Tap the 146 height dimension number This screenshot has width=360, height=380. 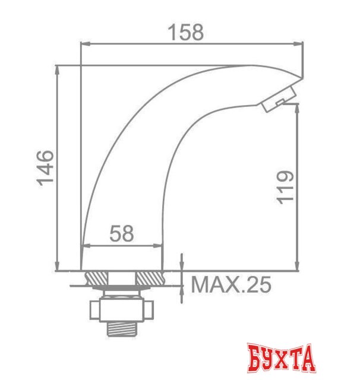click(x=46, y=168)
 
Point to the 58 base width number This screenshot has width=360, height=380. click(x=122, y=233)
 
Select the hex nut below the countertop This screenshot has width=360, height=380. click(x=122, y=308)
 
